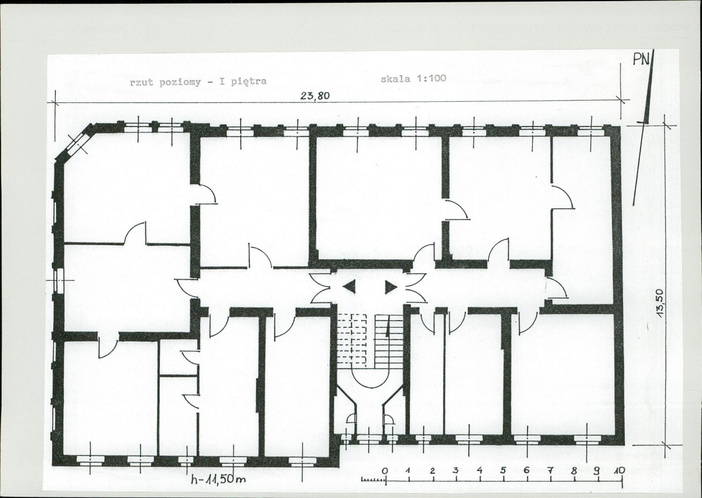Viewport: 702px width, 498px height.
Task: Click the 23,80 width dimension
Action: (x=315, y=96)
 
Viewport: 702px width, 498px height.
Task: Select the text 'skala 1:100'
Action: (x=413, y=78)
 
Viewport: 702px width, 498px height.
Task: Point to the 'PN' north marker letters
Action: (x=642, y=59)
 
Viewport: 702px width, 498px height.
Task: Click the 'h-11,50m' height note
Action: (x=218, y=479)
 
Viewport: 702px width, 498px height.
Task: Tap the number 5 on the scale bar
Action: (x=503, y=470)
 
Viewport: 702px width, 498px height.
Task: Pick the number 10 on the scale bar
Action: (x=619, y=470)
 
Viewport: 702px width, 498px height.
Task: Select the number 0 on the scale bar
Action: (x=385, y=470)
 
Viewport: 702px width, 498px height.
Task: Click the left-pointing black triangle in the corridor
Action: (x=350, y=286)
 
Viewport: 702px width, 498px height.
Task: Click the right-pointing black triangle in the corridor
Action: (x=391, y=287)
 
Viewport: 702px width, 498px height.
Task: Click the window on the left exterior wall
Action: (x=58, y=280)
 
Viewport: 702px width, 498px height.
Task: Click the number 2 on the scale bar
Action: (x=433, y=470)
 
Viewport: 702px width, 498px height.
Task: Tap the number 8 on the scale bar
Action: (x=574, y=470)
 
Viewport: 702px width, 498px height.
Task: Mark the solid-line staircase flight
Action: (x=389, y=340)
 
